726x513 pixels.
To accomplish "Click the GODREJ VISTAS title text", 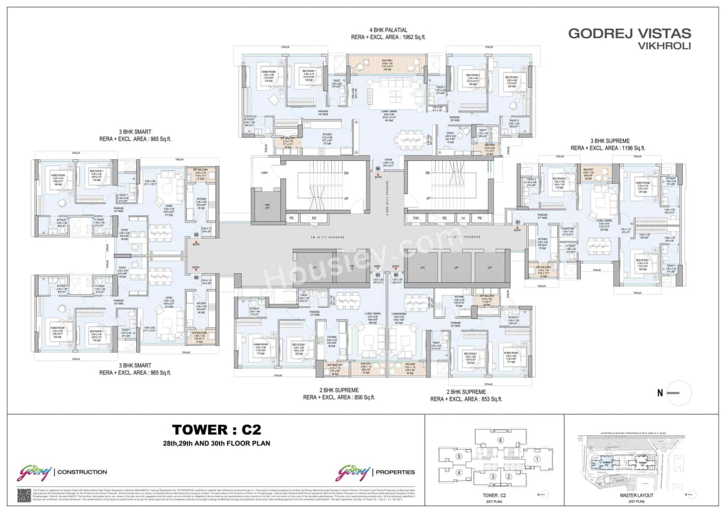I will (629, 33).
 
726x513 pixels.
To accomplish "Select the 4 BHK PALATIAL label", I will (389, 29).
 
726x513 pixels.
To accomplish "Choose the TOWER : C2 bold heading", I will (216, 429).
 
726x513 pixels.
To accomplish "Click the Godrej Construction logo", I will (62, 472).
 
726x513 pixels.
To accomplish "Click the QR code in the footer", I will (23, 495).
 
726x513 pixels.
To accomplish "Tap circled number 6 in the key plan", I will (500, 440).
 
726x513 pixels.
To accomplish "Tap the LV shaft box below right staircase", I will (464, 218).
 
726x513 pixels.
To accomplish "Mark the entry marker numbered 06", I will (378, 169).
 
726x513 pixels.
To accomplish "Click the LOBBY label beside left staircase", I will (264, 173).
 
